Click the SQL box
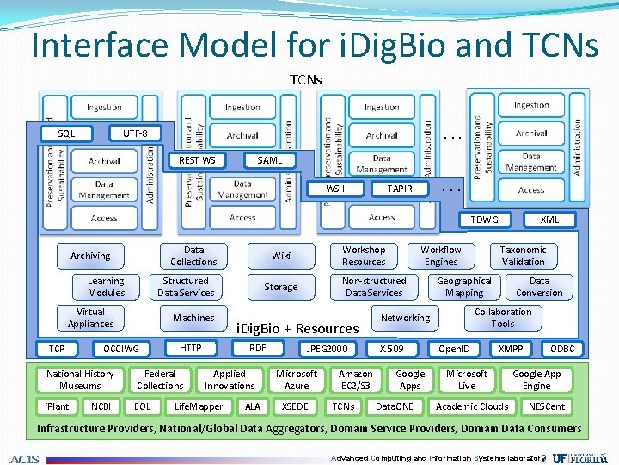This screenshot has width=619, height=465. click(66, 133)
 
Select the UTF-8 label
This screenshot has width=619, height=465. click(135, 133)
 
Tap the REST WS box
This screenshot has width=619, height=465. click(197, 160)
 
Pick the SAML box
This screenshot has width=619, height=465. click(270, 160)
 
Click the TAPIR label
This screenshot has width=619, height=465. click(399, 189)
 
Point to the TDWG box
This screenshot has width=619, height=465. click(484, 220)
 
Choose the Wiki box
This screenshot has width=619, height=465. click(281, 256)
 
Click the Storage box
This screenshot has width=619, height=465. click(281, 287)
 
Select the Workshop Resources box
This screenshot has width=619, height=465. click(364, 256)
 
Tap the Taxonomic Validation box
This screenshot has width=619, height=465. click(523, 256)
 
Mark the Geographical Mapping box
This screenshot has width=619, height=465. click(464, 287)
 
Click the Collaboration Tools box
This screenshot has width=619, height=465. click(503, 318)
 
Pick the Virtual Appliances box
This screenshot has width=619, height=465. click(90, 318)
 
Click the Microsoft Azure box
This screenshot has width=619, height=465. click(297, 380)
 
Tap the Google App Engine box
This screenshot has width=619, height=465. click(536, 380)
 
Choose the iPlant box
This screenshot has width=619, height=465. click(57, 406)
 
